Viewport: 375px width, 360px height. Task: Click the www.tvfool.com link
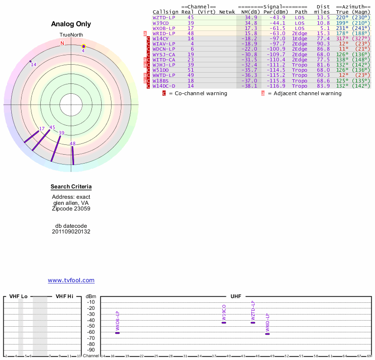click(x=71, y=280)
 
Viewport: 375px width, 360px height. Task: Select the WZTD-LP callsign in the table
click(x=164, y=17)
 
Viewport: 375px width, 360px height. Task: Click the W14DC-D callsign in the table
click(x=164, y=86)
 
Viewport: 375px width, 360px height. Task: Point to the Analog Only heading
click(x=71, y=24)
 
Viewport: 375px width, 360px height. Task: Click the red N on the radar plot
click(x=62, y=44)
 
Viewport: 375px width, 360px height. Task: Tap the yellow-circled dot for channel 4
click(x=83, y=46)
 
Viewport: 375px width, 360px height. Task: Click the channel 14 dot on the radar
click(x=30, y=61)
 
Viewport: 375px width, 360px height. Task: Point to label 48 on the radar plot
click(x=73, y=143)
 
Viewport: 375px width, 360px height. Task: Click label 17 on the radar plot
click(x=42, y=128)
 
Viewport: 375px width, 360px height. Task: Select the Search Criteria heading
click(x=71, y=187)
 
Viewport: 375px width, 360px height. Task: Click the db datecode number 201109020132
click(x=71, y=232)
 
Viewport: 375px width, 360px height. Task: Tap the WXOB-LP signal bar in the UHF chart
click(x=118, y=333)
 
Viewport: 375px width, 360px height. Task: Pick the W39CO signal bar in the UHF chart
click(x=224, y=322)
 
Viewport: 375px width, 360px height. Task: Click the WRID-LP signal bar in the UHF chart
click(x=268, y=334)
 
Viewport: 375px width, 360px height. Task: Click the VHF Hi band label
click(x=65, y=296)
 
